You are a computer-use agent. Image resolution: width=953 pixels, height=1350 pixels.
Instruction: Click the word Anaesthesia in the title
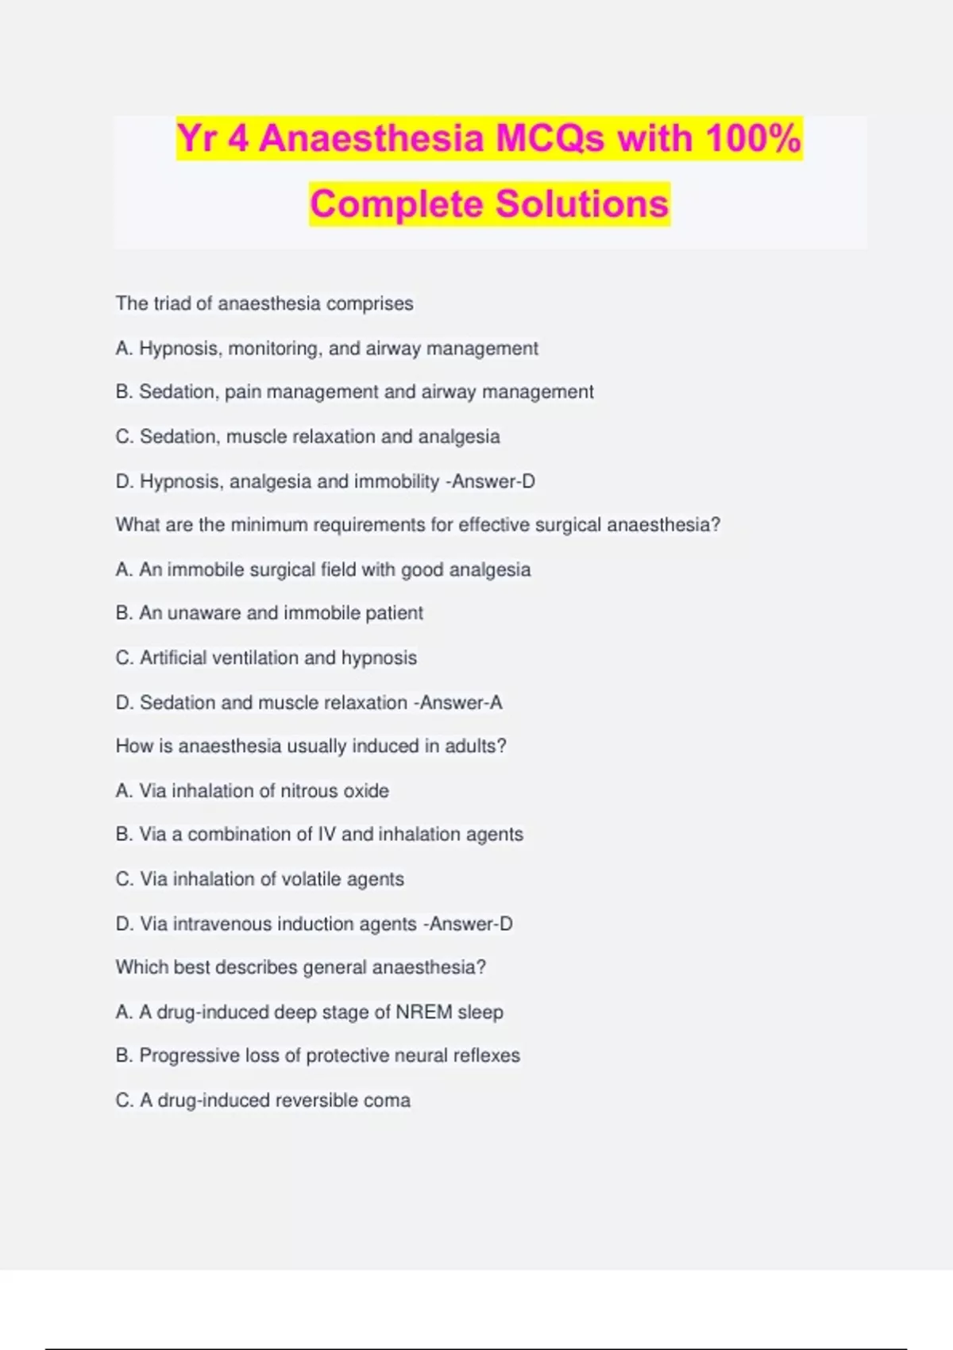click(372, 138)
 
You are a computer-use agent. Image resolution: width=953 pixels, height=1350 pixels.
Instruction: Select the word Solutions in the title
click(582, 204)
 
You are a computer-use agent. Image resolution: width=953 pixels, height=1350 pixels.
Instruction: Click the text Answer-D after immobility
click(494, 481)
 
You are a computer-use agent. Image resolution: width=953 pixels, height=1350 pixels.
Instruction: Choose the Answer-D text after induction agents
click(472, 924)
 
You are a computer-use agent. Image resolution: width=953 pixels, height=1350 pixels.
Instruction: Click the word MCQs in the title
click(550, 138)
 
